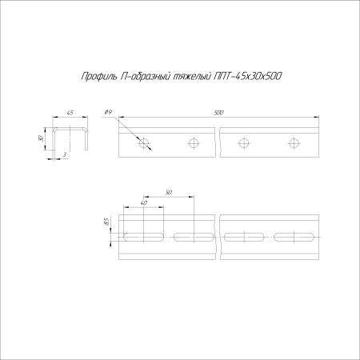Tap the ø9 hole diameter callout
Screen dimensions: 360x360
click(108, 114)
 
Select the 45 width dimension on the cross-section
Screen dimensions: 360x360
click(70, 114)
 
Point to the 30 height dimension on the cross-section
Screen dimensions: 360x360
click(41, 138)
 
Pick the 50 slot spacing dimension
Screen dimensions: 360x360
click(168, 193)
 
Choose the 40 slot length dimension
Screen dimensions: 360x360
click(144, 203)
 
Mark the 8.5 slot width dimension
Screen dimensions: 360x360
click(106, 222)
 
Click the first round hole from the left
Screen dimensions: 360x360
click(144, 143)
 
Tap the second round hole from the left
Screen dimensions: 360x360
click(193, 143)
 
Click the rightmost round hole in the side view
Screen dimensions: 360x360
click(293, 143)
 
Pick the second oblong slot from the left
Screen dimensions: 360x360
click(193, 236)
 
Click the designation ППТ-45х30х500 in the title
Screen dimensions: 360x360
click(249, 76)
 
